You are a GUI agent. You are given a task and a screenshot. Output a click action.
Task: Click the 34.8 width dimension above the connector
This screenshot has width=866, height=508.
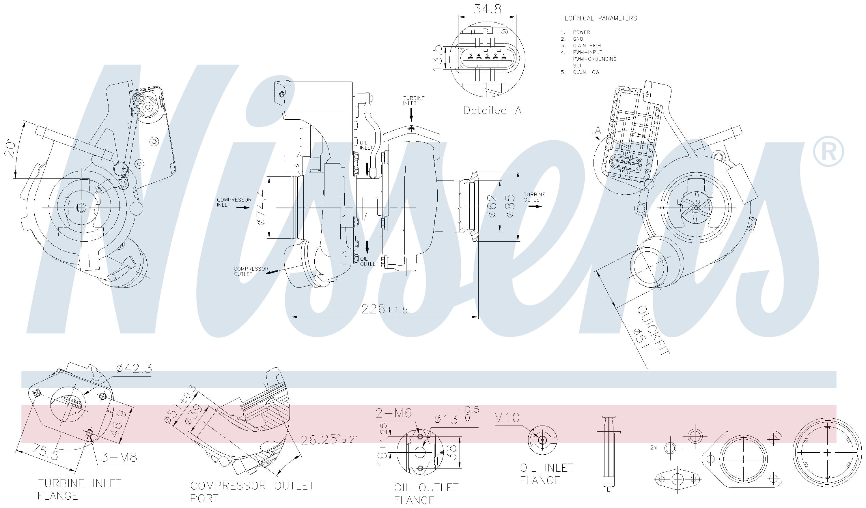tap(487, 9)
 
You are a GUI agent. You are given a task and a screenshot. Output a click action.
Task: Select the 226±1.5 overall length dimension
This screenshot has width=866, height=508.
tap(384, 310)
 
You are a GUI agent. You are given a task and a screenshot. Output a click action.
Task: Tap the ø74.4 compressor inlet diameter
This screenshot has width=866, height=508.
tap(261, 207)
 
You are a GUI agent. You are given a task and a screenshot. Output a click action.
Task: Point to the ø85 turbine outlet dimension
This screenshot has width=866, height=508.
tap(510, 206)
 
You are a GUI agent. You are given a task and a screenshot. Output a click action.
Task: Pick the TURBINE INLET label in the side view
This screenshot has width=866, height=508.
tap(414, 101)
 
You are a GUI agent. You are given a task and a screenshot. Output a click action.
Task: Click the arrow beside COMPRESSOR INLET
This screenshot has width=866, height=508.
tap(244, 208)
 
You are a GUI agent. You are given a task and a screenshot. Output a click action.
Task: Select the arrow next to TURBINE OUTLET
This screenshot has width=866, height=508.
tap(535, 206)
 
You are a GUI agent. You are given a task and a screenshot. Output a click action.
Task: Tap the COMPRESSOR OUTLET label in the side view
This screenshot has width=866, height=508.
tap(251, 271)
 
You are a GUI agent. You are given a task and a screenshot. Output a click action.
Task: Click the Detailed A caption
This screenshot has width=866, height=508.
tap(492, 110)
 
